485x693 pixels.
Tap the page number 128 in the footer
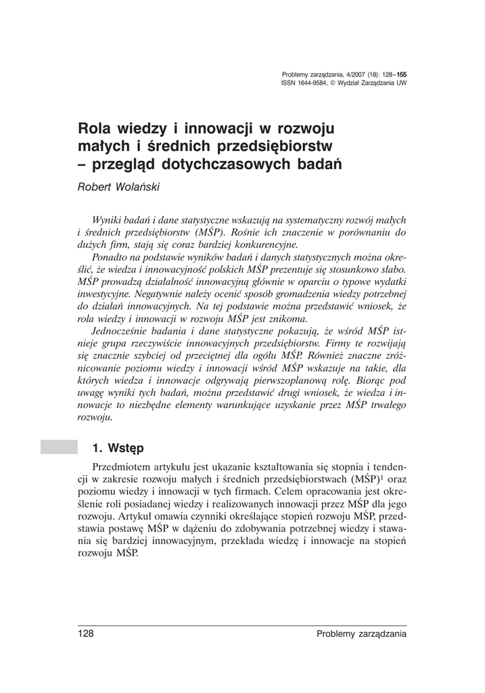[85, 634]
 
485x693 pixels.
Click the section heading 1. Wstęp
[118, 448]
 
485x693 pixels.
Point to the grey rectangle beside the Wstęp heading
[58, 447]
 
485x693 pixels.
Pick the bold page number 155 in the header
[401, 74]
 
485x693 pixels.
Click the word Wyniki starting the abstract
[107, 220]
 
